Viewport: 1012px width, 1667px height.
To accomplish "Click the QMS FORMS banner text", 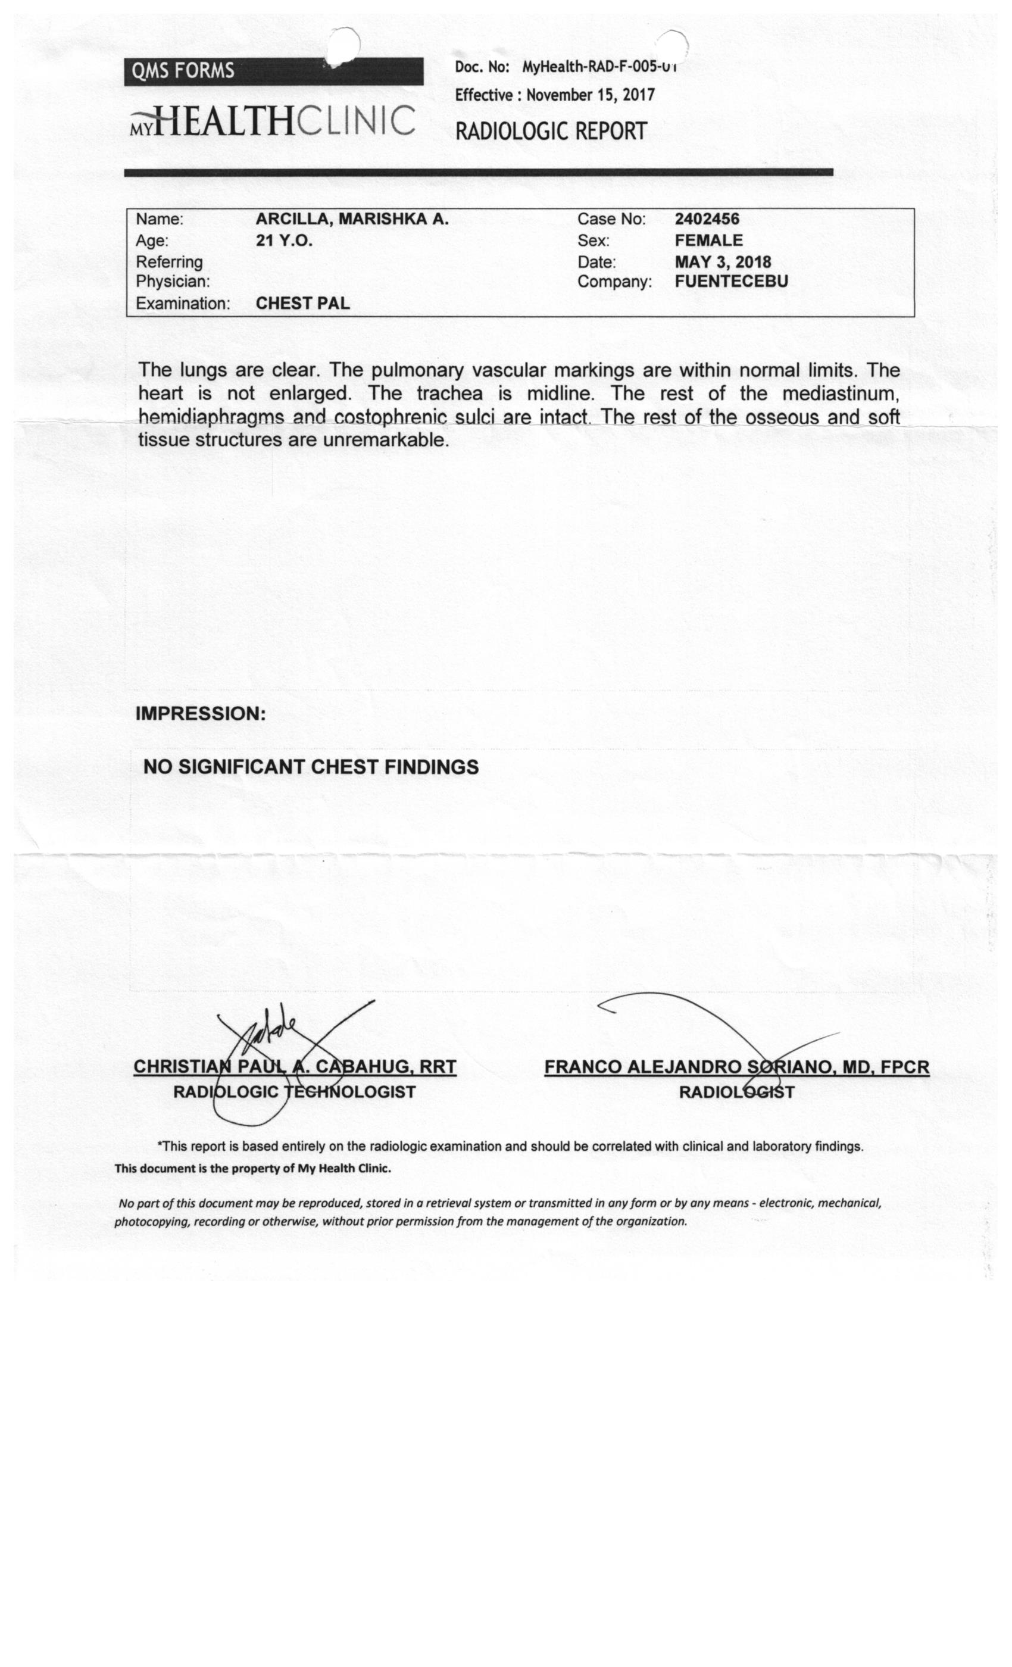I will click(x=183, y=71).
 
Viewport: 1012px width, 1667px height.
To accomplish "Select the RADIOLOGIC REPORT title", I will click(x=551, y=130).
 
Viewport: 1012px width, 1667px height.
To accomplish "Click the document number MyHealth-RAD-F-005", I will click(x=599, y=67).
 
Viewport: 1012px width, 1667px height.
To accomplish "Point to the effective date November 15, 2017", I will click(x=590, y=95).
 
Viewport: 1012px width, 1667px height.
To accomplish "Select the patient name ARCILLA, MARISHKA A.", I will click(x=352, y=219).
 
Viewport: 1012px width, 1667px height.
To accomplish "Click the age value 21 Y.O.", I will click(x=284, y=241).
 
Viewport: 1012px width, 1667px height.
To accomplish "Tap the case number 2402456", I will click(x=707, y=219).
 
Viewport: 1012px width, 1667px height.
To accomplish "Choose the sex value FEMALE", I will click(x=708, y=241).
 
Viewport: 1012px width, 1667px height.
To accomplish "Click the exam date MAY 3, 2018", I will click(x=723, y=262).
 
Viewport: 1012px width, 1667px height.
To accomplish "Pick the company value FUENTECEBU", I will click(x=731, y=282).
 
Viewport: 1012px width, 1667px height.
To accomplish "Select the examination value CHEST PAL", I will click(x=302, y=303).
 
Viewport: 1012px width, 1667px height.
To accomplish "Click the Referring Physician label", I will click(x=172, y=271).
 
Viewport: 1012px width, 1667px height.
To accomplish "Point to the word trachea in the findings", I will click(x=449, y=394).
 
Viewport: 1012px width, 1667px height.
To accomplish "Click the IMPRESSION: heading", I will click(x=200, y=714).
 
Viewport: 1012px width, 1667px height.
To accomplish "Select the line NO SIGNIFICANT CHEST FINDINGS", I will click(x=311, y=767).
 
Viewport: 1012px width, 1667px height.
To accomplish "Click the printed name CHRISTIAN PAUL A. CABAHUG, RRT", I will click(x=294, y=1067).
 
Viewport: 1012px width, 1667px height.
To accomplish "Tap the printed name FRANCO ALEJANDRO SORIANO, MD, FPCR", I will click(x=736, y=1067).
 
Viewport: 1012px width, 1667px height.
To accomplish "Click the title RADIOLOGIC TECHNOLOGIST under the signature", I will click(x=294, y=1092).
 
